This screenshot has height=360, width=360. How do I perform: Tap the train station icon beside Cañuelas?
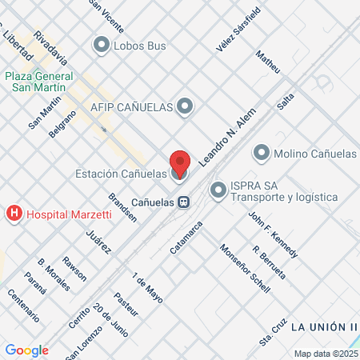[x=184, y=202]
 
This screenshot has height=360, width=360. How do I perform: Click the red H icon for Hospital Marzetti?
[x=14, y=214]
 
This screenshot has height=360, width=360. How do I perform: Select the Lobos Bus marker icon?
[x=102, y=46]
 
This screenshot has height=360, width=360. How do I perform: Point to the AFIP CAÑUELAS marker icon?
[x=186, y=106]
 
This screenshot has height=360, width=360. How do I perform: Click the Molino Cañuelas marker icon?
[x=261, y=153]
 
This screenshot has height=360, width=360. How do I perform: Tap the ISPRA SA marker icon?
[x=218, y=190]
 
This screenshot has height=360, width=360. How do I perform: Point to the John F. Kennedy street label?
[x=274, y=235]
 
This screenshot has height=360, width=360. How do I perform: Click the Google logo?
[x=26, y=350]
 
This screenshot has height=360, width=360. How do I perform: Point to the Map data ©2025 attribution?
[x=324, y=354]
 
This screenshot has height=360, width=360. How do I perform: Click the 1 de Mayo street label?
[x=148, y=288]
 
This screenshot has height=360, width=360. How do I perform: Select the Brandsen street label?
[x=123, y=206]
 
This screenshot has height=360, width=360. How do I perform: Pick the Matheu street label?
[x=268, y=63]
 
